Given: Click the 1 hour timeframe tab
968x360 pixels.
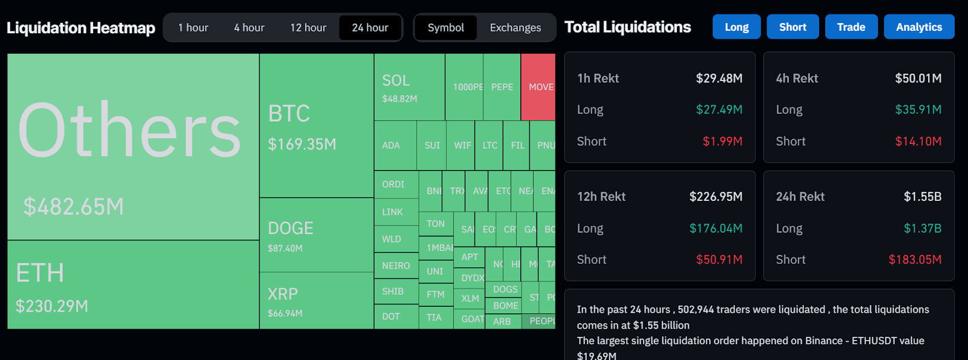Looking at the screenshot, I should tap(193, 28).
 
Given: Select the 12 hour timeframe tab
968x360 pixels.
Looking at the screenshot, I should tap(308, 28).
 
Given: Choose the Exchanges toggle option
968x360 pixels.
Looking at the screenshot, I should tap(515, 28).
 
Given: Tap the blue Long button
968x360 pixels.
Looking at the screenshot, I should tap(736, 27).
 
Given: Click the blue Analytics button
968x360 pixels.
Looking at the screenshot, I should tap(918, 27).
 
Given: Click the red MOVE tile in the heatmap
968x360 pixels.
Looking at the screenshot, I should tap(538, 87).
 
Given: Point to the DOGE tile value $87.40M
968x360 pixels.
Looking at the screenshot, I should tap(285, 249).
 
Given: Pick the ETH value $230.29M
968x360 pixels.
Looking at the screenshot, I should tap(52, 306).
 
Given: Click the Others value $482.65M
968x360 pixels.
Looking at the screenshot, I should tap(74, 207).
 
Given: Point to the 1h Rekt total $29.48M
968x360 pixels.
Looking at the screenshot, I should tap(719, 79).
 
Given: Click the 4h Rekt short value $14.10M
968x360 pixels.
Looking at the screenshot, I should tap(918, 142).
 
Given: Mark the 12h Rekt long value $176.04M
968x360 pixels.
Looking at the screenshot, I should tap(716, 229).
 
